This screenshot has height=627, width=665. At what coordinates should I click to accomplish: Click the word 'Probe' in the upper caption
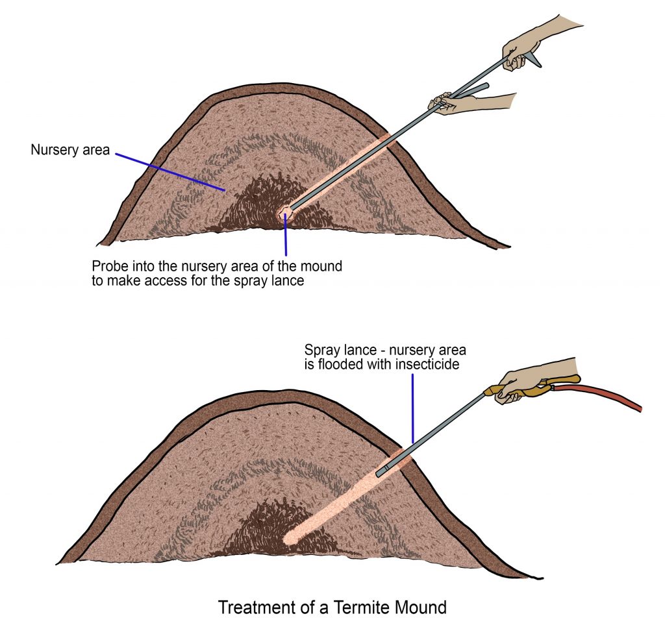pyautogui.click(x=109, y=267)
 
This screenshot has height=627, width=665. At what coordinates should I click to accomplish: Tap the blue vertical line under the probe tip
pyautogui.click(x=285, y=237)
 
